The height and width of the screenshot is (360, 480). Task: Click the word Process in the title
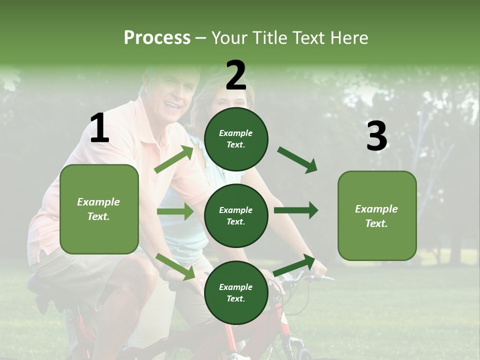[157, 38]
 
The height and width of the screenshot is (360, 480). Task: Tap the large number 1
[99, 129]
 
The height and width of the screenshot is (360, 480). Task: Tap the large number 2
[235, 75]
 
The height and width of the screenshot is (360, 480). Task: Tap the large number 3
[376, 136]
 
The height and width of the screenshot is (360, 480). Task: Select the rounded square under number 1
[99, 209]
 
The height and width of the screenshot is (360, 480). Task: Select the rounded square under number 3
[377, 215]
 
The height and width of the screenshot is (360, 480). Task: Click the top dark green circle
[236, 139]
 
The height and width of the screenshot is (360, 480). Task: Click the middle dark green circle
[236, 215]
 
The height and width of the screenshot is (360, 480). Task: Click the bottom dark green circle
[236, 292]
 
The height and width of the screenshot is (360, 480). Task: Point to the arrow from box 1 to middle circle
[175, 211]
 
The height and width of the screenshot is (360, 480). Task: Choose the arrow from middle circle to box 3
[296, 210]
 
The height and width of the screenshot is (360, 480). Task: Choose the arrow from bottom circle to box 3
[294, 265]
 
